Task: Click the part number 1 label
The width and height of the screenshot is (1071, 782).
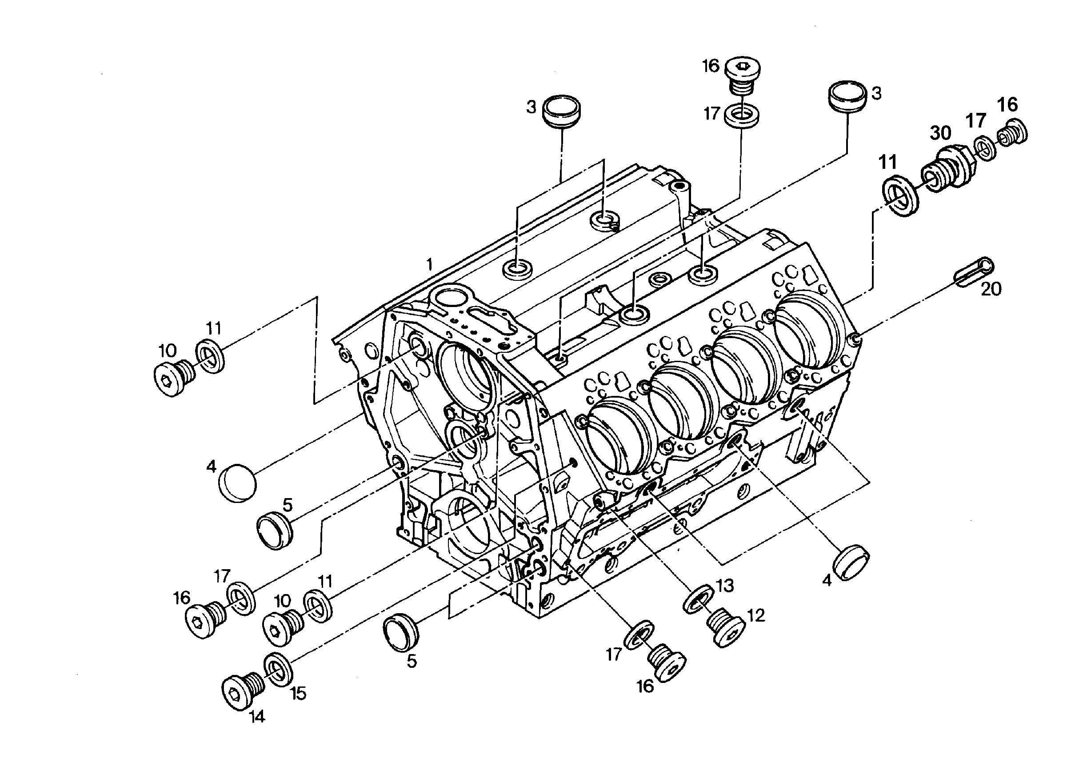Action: point(429,263)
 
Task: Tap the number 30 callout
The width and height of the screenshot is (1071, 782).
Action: point(940,133)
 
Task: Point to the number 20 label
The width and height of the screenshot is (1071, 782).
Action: point(991,289)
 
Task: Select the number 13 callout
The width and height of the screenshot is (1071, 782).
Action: point(724,585)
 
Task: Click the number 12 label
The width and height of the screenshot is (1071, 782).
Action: point(755,615)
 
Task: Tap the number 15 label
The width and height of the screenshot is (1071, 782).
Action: point(298,694)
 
